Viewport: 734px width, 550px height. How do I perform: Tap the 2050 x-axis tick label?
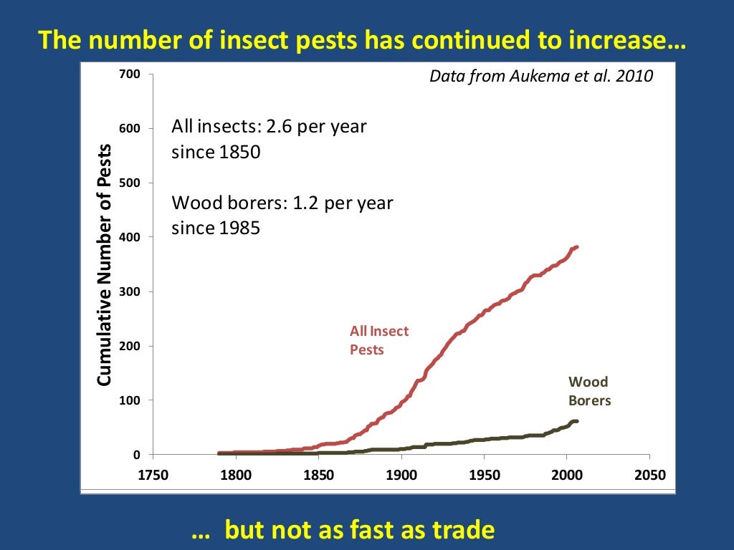pyautogui.click(x=649, y=475)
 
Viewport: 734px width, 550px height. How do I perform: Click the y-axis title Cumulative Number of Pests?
pyautogui.click(x=105, y=265)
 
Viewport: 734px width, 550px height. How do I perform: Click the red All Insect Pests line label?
pyautogui.click(x=378, y=340)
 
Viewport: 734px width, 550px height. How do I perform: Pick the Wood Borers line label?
pyautogui.click(x=589, y=391)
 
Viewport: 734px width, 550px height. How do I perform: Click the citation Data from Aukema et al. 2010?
pyautogui.click(x=541, y=76)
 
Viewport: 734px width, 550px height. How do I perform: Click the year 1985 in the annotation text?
pyautogui.click(x=239, y=228)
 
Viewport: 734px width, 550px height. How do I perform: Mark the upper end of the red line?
pyautogui.click(x=576, y=247)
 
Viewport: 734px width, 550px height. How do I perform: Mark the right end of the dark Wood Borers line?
pyautogui.click(x=576, y=421)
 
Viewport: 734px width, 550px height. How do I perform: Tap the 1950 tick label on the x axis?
pyautogui.click(x=484, y=475)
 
